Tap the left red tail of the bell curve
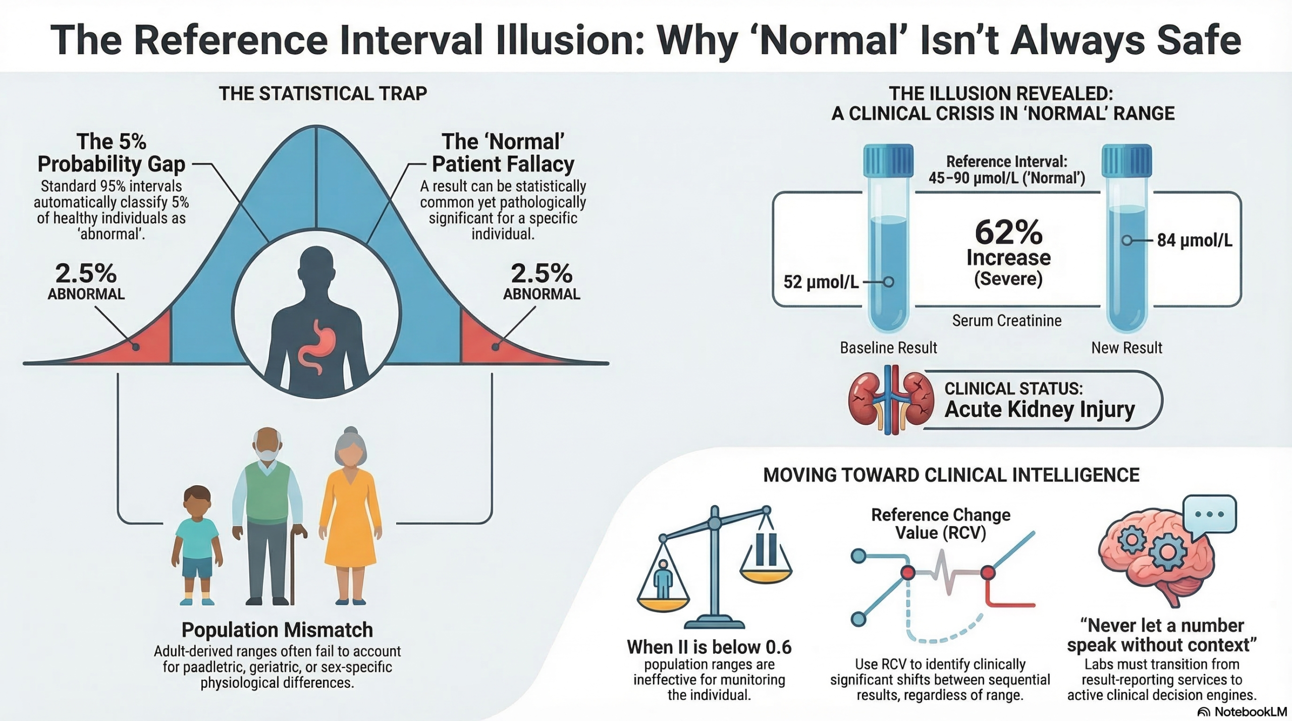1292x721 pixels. (146, 343)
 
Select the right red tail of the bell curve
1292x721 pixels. (484, 343)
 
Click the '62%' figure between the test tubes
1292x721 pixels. (1008, 233)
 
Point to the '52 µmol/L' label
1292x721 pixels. (821, 282)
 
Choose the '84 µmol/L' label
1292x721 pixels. (1195, 240)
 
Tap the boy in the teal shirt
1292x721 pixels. (197, 545)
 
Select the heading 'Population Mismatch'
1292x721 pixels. (277, 630)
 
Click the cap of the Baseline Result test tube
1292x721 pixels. (888, 160)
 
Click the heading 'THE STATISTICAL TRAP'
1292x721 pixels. (323, 93)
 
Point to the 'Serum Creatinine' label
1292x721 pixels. (1007, 320)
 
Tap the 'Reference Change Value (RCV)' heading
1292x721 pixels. (941, 523)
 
